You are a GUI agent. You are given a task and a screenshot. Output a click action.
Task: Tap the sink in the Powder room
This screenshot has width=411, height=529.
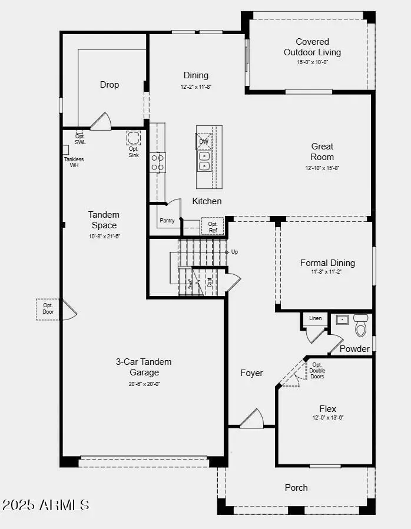(x=343, y=320)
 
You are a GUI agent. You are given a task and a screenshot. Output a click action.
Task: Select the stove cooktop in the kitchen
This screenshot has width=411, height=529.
(x=157, y=162)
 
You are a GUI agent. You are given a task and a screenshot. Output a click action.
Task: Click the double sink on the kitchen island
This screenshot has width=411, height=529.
(x=204, y=161)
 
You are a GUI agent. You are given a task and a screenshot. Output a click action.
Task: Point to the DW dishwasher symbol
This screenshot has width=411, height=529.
(x=204, y=141)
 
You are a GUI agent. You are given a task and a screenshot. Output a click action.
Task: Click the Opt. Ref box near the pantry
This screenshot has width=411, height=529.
(x=213, y=227)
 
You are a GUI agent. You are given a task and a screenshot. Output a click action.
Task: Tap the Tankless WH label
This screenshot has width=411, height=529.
(x=74, y=162)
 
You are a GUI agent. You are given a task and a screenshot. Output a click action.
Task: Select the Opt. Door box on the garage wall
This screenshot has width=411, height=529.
(x=48, y=308)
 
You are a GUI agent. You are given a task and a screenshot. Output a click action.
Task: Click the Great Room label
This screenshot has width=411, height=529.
(x=322, y=151)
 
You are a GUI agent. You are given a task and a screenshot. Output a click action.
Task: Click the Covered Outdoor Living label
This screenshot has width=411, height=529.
(x=312, y=47)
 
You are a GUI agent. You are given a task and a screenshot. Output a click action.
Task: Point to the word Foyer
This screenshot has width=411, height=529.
(x=251, y=372)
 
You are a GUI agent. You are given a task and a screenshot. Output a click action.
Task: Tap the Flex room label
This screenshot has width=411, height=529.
(x=328, y=408)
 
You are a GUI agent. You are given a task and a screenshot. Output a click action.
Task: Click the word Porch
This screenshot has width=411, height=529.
(x=296, y=487)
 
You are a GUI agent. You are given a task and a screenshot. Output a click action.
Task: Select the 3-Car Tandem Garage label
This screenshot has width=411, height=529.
(x=144, y=367)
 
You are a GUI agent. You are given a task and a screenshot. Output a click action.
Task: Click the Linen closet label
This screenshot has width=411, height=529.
(x=316, y=318)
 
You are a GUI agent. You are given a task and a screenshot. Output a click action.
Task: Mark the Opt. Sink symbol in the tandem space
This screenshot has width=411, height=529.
(x=134, y=138)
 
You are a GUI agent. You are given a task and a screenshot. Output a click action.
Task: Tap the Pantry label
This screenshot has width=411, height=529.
(x=166, y=221)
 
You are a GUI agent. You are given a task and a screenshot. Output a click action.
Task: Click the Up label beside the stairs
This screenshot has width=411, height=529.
(x=234, y=252)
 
